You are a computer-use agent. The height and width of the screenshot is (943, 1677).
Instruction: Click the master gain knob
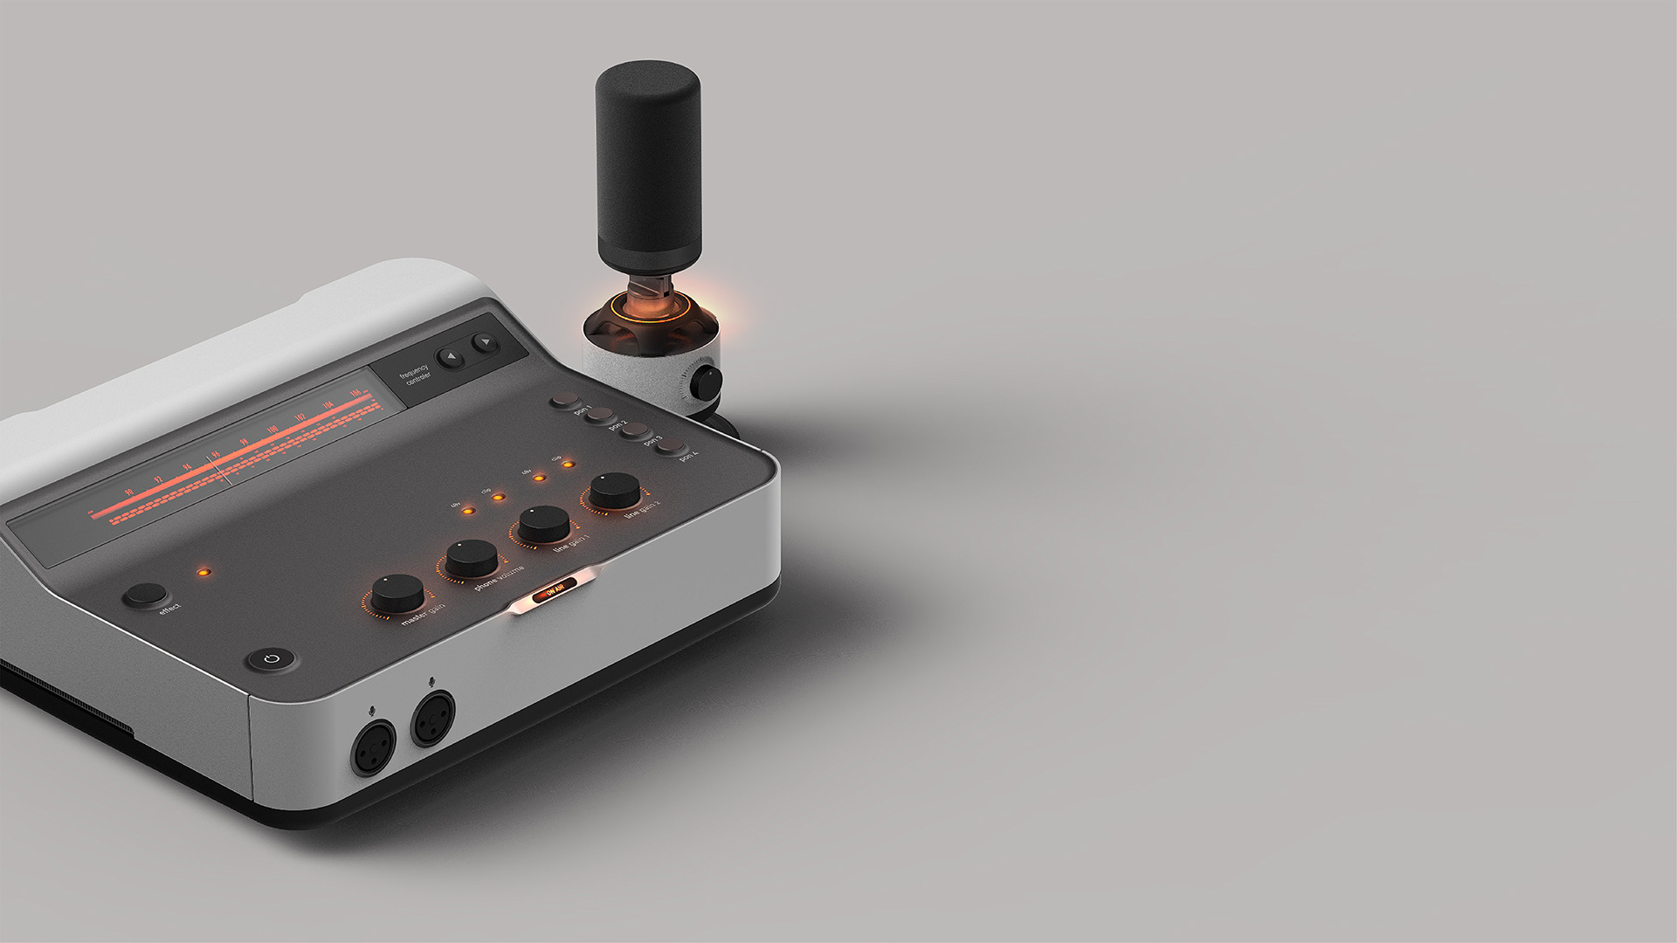(397, 593)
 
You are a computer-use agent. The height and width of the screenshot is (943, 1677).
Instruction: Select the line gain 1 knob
(543, 523)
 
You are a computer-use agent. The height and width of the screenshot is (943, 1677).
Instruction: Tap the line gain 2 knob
(615, 490)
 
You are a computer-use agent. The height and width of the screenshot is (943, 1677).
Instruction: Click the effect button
(145, 595)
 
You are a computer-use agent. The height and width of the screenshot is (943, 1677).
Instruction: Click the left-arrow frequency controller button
(452, 356)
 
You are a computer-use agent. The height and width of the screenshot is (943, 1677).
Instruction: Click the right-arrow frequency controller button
(484, 342)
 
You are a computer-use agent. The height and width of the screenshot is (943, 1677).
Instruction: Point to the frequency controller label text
(416, 375)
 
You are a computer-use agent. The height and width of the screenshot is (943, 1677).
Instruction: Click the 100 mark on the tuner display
(272, 430)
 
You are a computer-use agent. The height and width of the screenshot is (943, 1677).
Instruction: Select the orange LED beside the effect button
(204, 573)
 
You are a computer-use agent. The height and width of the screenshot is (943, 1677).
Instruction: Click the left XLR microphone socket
(373, 748)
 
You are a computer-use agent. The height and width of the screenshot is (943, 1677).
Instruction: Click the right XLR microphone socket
(433, 719)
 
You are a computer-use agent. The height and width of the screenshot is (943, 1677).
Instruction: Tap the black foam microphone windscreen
(648, 166)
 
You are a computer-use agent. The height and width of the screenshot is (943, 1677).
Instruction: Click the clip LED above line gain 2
(568, 465)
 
